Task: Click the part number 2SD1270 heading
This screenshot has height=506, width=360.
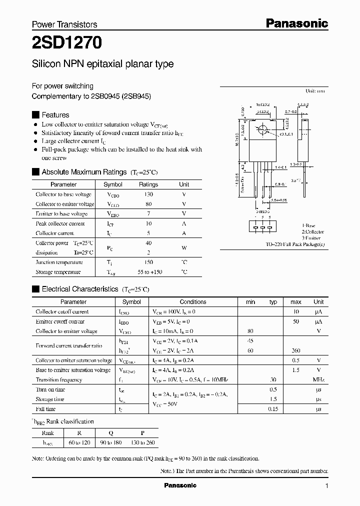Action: [x=67, y=43]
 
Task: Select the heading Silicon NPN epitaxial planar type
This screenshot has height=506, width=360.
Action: [x=102, y=64]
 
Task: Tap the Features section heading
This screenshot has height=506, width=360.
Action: [x=55, y=114]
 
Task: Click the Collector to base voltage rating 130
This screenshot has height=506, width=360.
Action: [x=148, y=194]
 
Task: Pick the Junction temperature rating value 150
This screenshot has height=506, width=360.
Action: [x=148, y=262]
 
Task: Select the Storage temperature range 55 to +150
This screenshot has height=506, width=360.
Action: [x=148, y=272]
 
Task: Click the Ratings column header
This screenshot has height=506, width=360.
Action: [x=148, y=184]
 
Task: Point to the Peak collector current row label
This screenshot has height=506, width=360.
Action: [x=60, y=223]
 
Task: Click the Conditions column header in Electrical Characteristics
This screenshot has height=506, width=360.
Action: [x=193, y=302]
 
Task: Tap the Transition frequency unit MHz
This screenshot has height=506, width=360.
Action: [x=318, y=380]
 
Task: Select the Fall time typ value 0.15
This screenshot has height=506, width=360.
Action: [x=273, y=409]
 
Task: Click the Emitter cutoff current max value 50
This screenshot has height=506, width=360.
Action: [x=295, y=321]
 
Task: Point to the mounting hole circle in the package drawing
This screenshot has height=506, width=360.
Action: [x=261, y=131]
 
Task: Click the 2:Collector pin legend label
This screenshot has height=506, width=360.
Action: [x=312, y=232]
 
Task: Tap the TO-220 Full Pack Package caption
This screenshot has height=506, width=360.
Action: [x=295, y=244]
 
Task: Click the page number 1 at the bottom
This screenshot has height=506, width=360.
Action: [x=326, y=485]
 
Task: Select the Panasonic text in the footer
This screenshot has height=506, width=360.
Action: [x=180, y=485]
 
